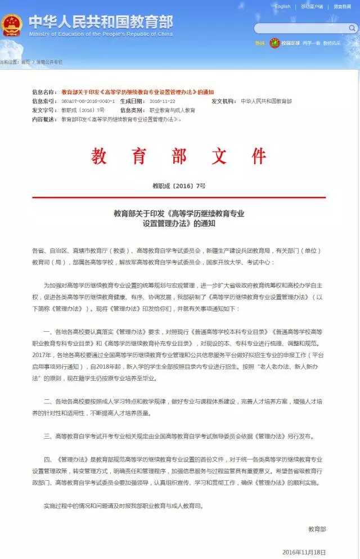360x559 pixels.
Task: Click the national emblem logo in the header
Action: pyautogui.click(x=12, y=25)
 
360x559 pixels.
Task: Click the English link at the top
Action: pyautogui.click(x=283, y=7)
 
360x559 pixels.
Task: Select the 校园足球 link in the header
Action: pyautogui.click(x=291, y=43)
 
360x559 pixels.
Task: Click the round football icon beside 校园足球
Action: pyautogui.click(x=274, y=43)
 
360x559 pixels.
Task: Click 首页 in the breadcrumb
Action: pyautogui.click(x=25, y=62)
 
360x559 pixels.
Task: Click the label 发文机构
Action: pyautogui.click(x=224, y=101)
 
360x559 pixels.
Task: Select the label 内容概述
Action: pyautogui.click(x=44, y=119)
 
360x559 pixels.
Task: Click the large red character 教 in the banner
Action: pyautogui.click(x=100, y=156)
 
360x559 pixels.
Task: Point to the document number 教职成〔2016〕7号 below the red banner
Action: pyautogui.click(x=179, y=186)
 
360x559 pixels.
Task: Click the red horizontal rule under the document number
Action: pyautogui.click(x=179, y=197)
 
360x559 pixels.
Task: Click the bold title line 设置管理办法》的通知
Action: pyautogui.click(x=179, y=223)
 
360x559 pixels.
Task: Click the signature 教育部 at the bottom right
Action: pyautogui.click(x=317, y=529)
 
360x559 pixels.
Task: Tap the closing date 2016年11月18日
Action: pyautogui.click(x=304, y=552)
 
